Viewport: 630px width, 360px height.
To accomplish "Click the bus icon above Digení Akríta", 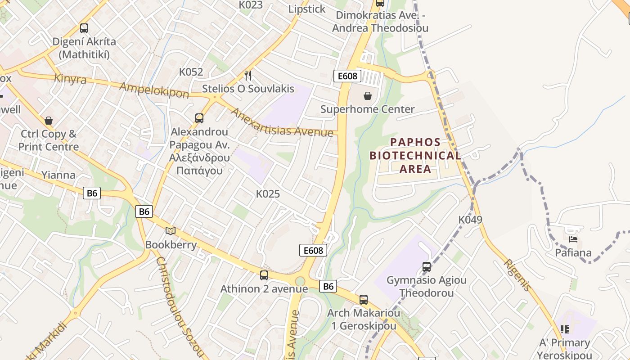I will pos(84,28).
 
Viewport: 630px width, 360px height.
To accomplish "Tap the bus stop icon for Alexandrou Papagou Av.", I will pos(199,118).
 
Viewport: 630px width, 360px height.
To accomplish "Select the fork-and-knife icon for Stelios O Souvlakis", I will pos(248,75).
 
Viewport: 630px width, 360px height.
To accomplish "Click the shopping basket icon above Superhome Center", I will pos(368,96).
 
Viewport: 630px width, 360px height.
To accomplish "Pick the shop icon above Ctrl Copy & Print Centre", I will pos(49,121).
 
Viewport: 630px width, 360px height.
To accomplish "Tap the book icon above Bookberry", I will pos(171,231).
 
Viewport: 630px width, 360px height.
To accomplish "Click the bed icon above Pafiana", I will pos(573,239).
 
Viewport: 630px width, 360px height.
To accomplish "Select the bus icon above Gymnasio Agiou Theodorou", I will pos(427,267).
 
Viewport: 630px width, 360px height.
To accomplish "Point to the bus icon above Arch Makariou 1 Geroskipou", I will pos(364,299).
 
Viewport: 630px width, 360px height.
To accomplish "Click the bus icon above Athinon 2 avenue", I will pos(264,275).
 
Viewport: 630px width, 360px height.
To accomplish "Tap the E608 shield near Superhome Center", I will pos(347,76).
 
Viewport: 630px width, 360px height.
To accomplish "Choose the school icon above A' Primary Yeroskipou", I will pos(565,329).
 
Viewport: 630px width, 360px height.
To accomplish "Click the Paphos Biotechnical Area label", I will pos(415,156).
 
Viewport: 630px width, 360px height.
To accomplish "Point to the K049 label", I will pos(470,220).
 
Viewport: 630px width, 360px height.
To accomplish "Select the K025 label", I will pos(268,194).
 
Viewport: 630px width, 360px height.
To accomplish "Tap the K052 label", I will pos(191,72).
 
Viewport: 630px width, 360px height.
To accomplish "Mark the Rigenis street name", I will pos(517,275).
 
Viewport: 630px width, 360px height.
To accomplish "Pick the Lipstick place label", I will pos(306,9).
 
